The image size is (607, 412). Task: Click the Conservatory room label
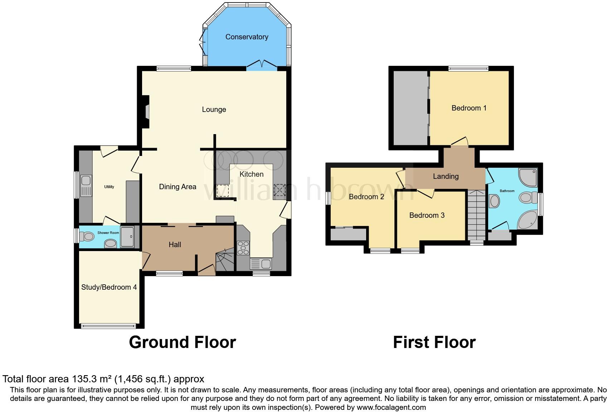[247, 37]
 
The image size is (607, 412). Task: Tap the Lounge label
[214, 109]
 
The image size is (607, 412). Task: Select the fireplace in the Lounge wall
[145, 112]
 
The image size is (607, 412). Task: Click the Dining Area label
[178, 187]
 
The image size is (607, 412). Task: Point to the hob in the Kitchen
[243, 248]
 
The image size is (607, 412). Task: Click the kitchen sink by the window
[261, 264]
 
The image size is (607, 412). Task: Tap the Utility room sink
[86, 186]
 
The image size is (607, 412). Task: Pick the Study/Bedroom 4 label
[109, 287]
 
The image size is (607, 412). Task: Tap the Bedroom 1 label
[469, 108]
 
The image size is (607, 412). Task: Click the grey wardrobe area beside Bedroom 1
[410, 108]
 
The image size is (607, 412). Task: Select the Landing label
[446, 176]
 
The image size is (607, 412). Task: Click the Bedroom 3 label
[427, 215]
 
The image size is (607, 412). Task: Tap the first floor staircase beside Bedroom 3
[476, 215]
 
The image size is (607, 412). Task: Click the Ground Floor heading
[182, 342]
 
